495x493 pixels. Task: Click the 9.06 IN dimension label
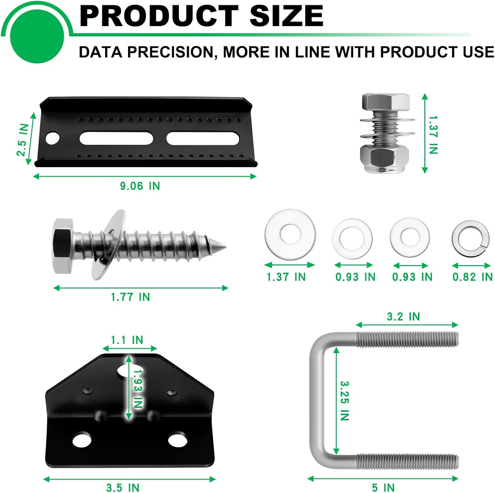click(x=140, y=186)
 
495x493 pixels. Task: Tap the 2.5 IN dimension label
click(x=23, y=139)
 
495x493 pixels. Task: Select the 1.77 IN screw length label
click(x=130, y=297)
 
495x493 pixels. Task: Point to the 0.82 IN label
click(x=473, y=277)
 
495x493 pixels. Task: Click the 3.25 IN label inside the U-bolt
click(x=345, y=401)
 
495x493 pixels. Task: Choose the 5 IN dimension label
click(x=383, y=488)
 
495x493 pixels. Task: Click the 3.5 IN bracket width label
click(x=123, y=488)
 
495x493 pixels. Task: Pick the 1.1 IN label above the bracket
click(x=127, y=340)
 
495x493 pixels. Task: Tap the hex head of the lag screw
click(x=65, y=246)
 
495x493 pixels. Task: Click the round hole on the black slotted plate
click(x=52, y=138)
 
